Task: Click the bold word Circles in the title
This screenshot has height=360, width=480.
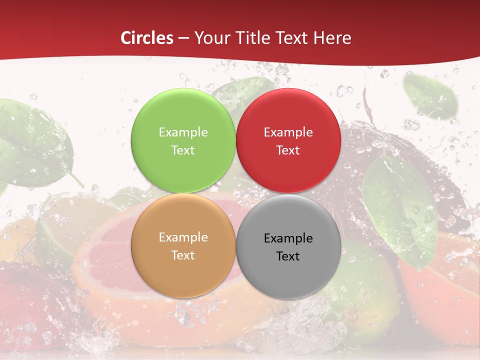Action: click(x=147, y=38)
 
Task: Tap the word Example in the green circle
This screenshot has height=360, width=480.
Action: click(x=183, y=132)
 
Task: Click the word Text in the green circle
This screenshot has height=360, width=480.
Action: click(x=183, y=150)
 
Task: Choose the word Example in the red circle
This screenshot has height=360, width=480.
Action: click(x=288, y=132)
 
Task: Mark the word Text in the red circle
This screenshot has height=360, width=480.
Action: click(x=288, y=150)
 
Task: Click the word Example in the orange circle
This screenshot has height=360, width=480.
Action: click(x=183, y=237)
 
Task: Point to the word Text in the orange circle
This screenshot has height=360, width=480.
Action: click(x=183, y=255)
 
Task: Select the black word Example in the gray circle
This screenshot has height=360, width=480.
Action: click(x=288, y=238)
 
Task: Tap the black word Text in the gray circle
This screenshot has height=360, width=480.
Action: click(x=288, y=256)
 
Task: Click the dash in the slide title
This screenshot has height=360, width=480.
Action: click(x=184, y=38)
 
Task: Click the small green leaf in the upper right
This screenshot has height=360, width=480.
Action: click(x=430, y=97)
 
